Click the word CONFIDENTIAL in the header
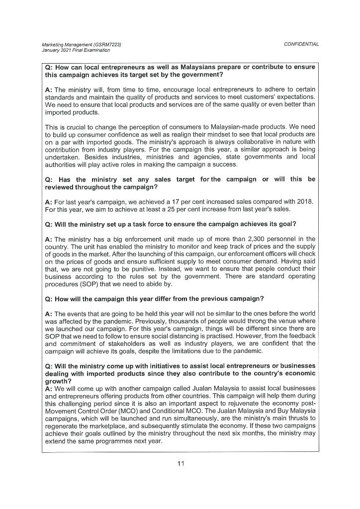tap(301, 44)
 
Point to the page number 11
tap(180, 464)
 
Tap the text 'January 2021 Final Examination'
tap(76, 50)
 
